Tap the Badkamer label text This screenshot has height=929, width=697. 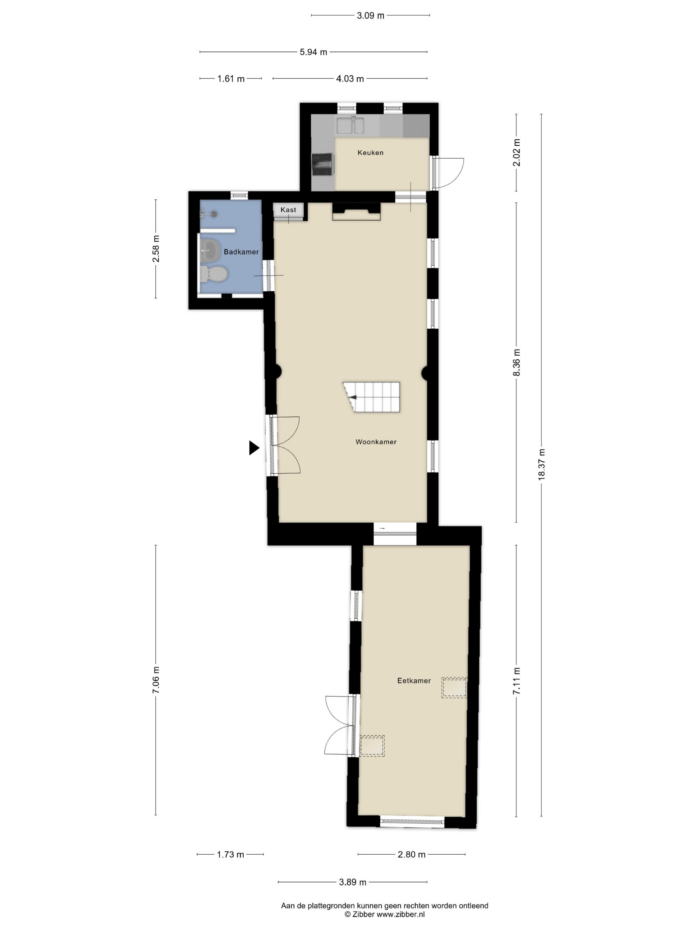[x=241, y=252]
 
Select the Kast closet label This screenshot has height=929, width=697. [x=288, y=210]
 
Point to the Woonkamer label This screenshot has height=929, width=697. [x=376, y=442]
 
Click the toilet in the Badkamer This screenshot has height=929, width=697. [x=213, y=274]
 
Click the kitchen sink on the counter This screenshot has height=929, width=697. [x=350, y=125]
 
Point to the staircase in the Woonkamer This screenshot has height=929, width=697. [x=371, y=397]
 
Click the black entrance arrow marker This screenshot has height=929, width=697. [x=254, y=448]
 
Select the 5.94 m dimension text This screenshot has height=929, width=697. [x=313, y=52]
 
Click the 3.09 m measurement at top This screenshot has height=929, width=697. [x=370, y=16]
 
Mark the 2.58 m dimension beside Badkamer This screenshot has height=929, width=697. [x=156, y=249]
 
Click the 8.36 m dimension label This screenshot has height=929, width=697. [x=517, y=362]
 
